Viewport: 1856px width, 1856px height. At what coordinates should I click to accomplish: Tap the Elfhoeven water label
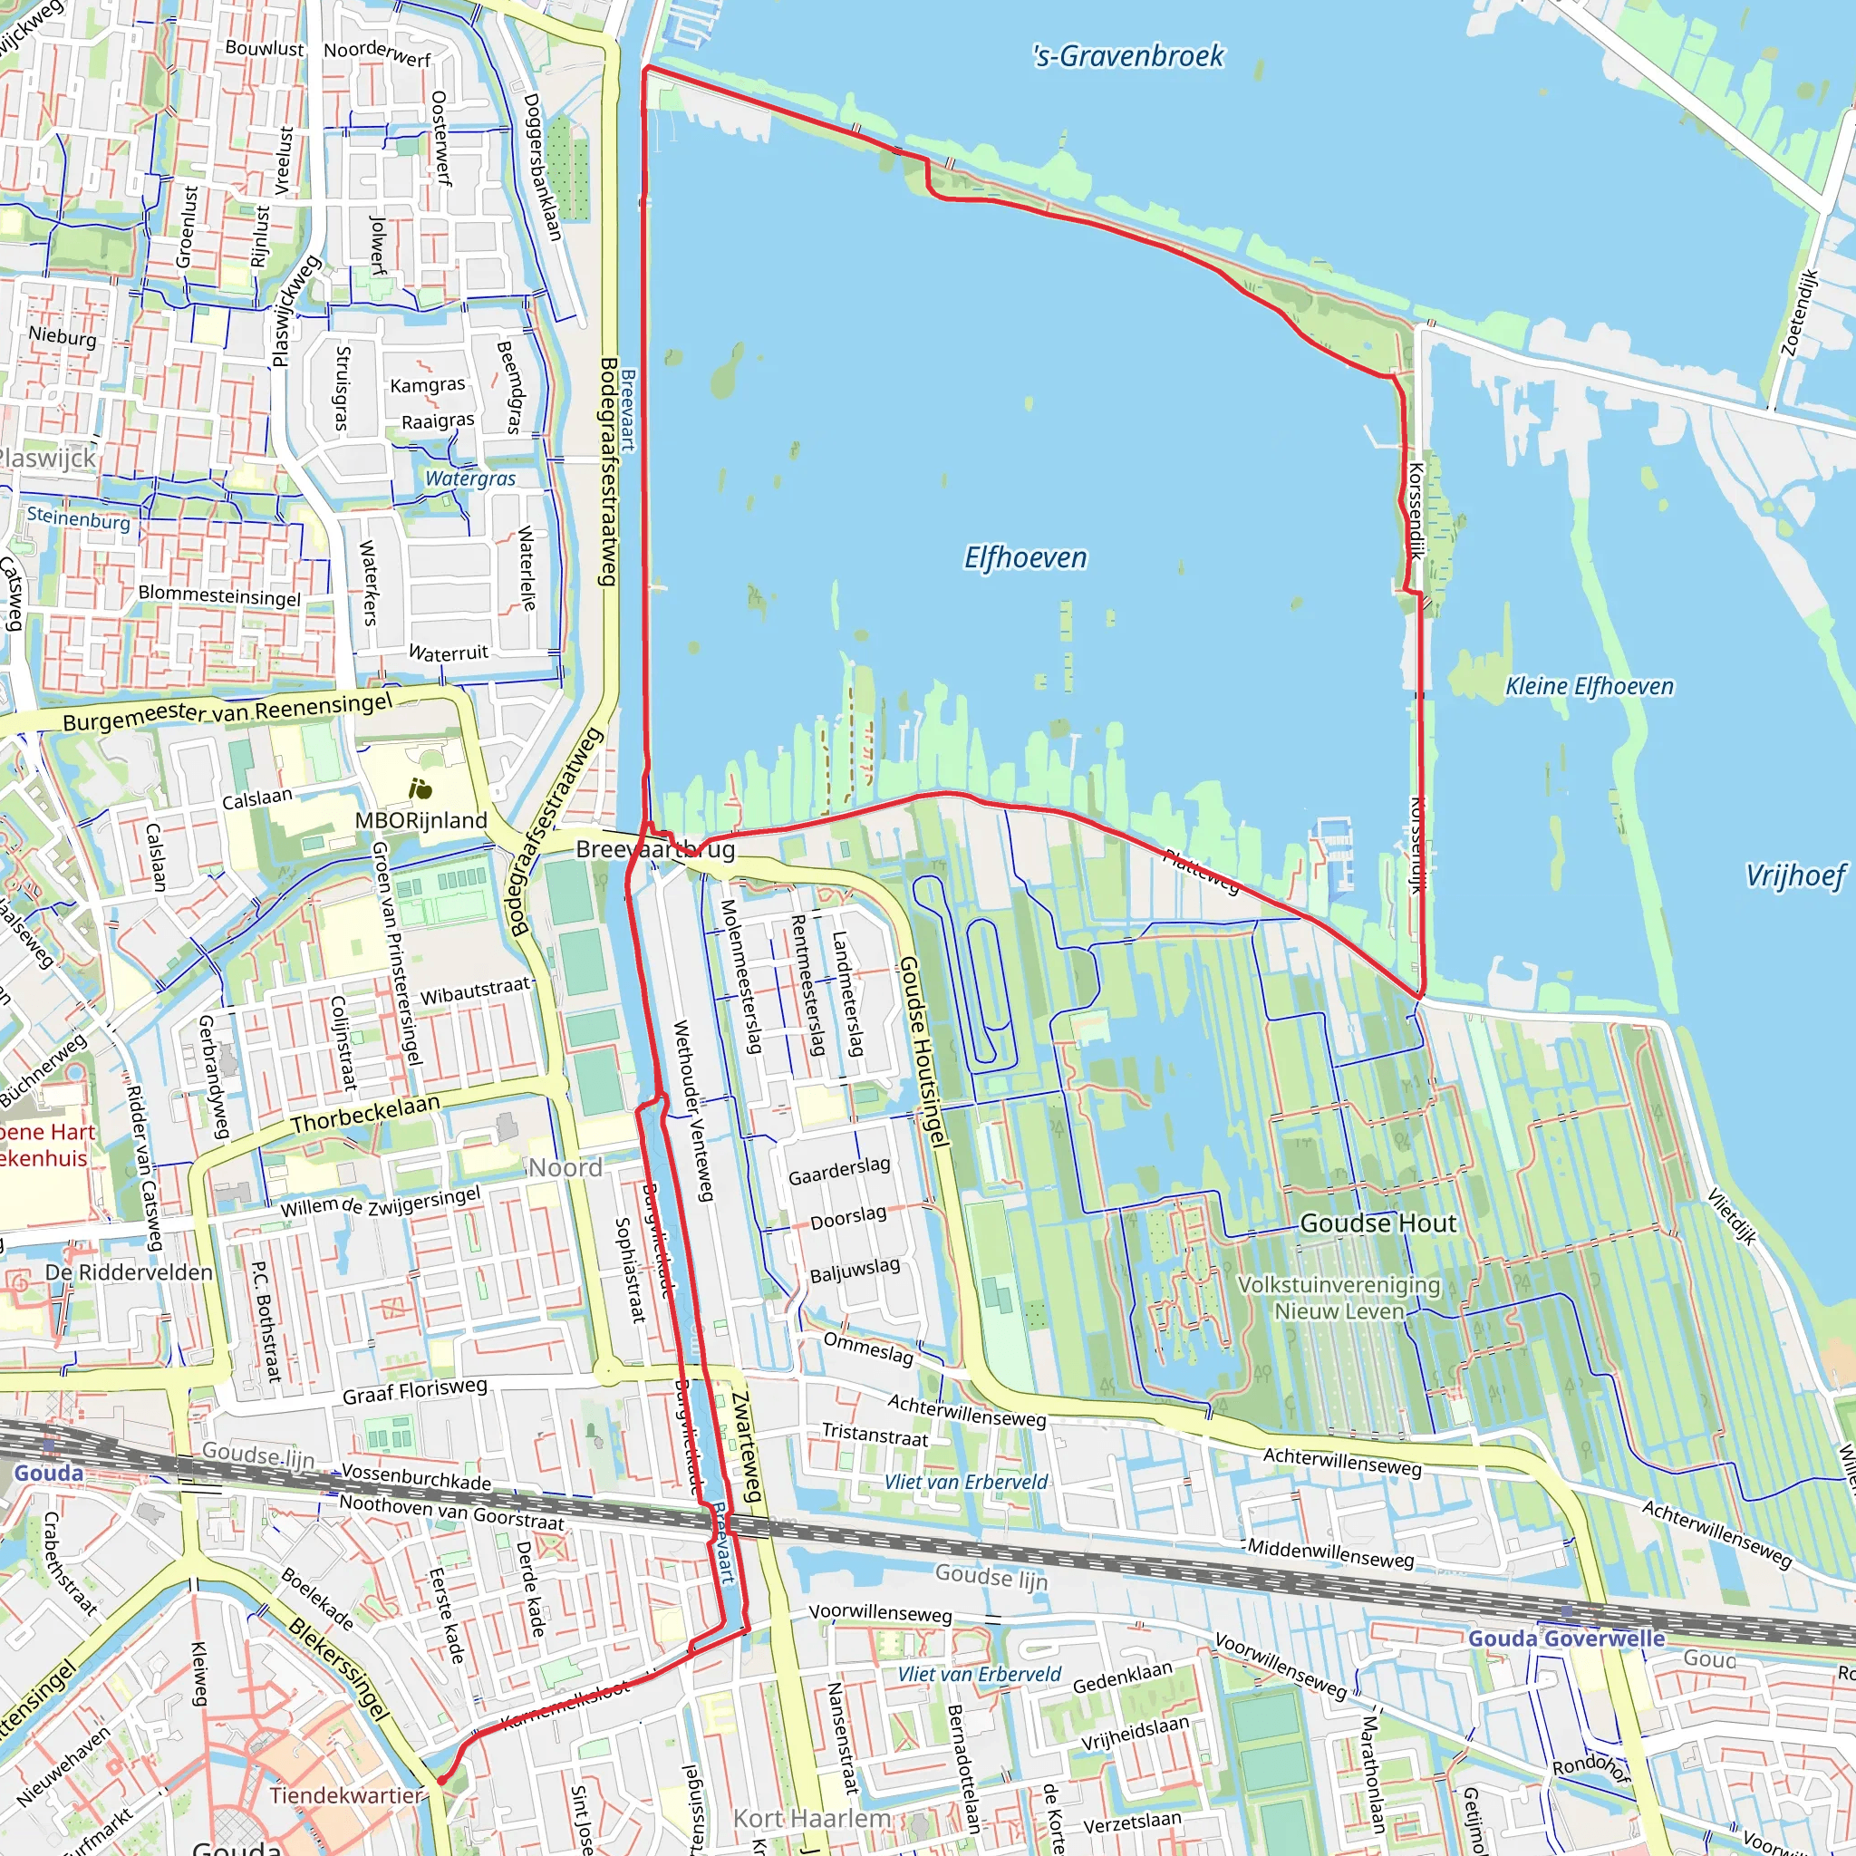1025,558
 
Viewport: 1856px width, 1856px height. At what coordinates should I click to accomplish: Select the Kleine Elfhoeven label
1589,686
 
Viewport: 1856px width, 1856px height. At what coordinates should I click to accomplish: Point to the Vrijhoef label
1794,875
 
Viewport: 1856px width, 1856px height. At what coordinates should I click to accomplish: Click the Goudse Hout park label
1377,1223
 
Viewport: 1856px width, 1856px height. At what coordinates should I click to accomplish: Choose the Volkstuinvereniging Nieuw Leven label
1339,1298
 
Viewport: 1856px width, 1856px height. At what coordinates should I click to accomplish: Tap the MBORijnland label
420,820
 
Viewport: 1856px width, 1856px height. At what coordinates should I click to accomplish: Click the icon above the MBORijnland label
420,788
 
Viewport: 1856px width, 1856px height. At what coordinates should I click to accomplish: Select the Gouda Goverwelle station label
1566,1638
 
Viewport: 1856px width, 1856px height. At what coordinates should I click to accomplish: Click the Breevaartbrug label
655,849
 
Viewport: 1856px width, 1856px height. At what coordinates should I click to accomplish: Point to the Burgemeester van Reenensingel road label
227,711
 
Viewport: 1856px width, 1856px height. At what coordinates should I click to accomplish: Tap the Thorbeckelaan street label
365,1114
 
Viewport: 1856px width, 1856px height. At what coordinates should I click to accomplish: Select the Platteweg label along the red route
1201,871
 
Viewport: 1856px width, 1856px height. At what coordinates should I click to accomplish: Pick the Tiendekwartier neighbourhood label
346,1794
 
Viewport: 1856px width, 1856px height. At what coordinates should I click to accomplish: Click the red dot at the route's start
442,1780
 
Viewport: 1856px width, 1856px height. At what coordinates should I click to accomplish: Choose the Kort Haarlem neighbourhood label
812,1819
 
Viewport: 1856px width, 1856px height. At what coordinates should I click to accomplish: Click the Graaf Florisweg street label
415,1390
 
